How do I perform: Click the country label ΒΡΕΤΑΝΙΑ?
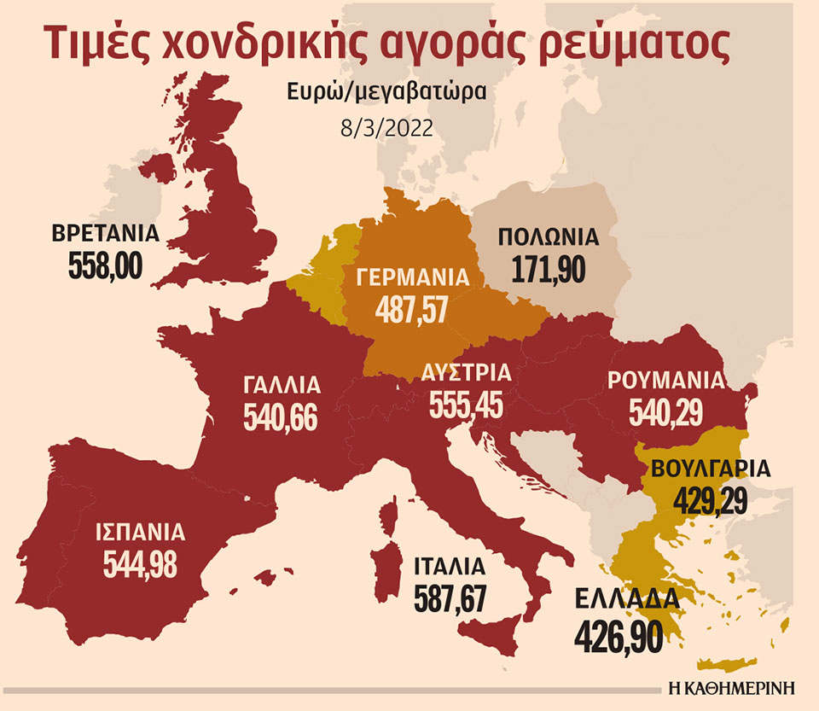click(x=106, y=235)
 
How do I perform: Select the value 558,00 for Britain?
click(x=106, y=267)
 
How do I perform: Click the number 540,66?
click(x=281, y=417)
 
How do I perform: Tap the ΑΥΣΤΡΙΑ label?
click(x=466, y=372)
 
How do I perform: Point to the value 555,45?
click(x=466, y=404)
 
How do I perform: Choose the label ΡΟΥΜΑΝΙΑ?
click(x=665, y=380)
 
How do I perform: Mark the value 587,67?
click(x=450, y=597)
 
